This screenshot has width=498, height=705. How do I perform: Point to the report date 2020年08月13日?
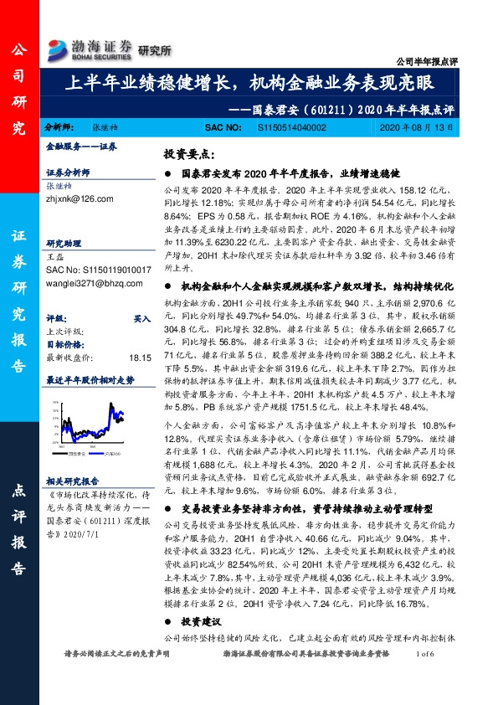(416, 127)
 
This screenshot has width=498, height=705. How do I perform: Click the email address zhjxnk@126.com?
(74, 199)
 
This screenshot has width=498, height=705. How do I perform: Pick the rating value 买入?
(142, 319)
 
